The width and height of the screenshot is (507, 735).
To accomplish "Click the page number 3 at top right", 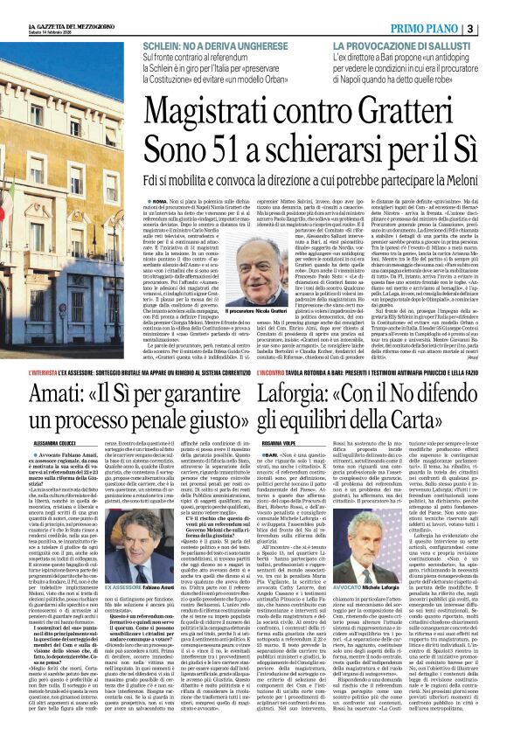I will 495,29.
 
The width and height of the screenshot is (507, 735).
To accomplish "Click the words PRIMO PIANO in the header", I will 447,29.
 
